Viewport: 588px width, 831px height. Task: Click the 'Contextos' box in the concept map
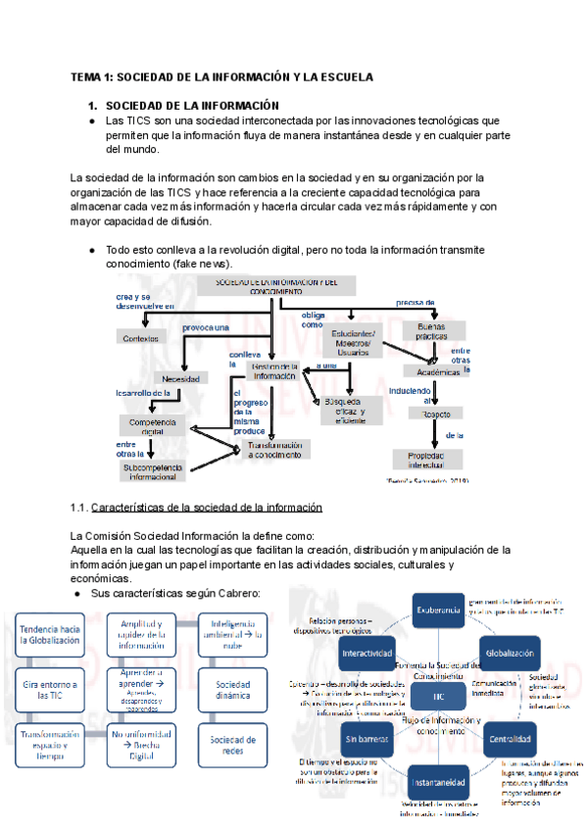141,338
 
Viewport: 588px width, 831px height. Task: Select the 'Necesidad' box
182,378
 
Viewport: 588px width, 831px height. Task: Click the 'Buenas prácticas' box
431,330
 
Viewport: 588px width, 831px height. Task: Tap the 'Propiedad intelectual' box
431,460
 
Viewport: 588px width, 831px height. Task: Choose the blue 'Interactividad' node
367,653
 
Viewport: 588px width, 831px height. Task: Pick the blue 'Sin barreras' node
368,738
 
